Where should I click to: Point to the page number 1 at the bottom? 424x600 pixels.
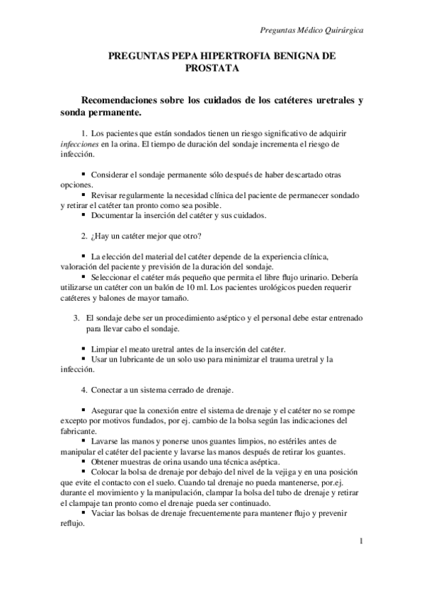pos(361,542)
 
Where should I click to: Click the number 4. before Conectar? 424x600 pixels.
pos(84,390)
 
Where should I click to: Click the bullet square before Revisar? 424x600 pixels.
pos(84,194)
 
